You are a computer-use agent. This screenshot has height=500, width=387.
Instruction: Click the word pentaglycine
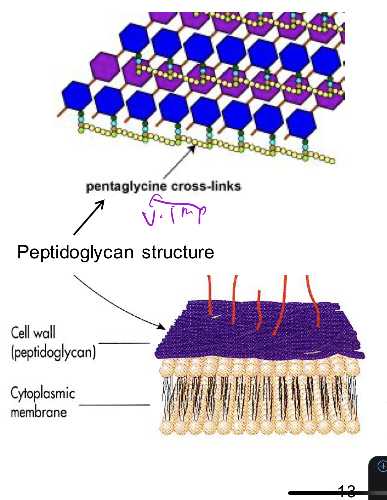click(126, 187)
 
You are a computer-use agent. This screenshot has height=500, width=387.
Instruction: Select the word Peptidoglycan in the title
click(75, 252)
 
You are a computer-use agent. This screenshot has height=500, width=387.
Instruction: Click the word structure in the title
click(178, 252)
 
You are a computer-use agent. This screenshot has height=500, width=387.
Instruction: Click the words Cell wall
click(33, 332)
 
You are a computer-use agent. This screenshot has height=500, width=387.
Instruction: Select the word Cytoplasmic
click(43, 393)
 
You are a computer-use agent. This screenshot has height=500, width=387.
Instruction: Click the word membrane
click(39, 412)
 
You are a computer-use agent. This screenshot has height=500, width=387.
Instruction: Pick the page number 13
click(346, 491)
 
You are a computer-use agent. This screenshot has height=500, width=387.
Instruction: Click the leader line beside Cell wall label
click(124, 343)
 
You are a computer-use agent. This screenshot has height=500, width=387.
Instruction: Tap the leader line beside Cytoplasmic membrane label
click(114, 405)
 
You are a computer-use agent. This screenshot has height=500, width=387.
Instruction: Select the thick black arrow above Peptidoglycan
click(89, 217)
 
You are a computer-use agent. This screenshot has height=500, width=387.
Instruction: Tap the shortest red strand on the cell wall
click(259, 310)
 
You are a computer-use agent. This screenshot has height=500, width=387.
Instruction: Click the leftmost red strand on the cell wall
click(209, 295)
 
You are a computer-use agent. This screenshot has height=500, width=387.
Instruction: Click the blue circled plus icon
click(382, 466)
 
